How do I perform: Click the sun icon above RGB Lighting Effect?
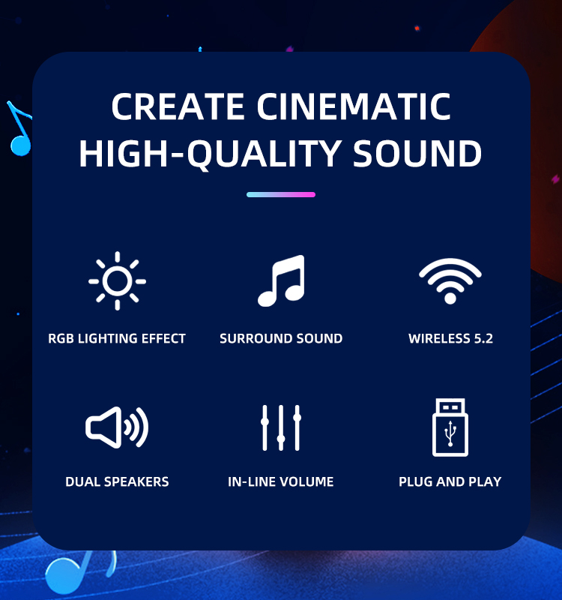click(x=118, y=280)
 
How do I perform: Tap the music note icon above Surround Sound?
click(x=282, y=280)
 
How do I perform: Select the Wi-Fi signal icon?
click(x=450, y=281)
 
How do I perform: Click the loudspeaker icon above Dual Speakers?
click(x=117, y=427)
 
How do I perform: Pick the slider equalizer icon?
click(x=281, y=427)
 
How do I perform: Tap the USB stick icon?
click(x=450, y=427)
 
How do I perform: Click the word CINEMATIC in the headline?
click(x=354, y=106)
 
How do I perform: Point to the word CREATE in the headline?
click(x=178, y=106)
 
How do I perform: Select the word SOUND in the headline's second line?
click(x=417, y=153)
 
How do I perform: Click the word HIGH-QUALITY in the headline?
click(x=211, y=154)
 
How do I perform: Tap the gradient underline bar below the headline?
click(x=281, y=194)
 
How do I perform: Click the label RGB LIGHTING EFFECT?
click(x=117, y=339)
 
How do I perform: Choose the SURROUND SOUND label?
click(x=281, y=339)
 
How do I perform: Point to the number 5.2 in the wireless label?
click(x=483, y=339)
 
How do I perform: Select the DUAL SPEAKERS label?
click(x=117, y=481)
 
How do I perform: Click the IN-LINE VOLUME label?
click(x=280, y=481)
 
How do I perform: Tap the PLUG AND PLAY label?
click(x=450, y=481)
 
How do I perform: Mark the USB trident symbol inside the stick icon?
click(x=450, y=433)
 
